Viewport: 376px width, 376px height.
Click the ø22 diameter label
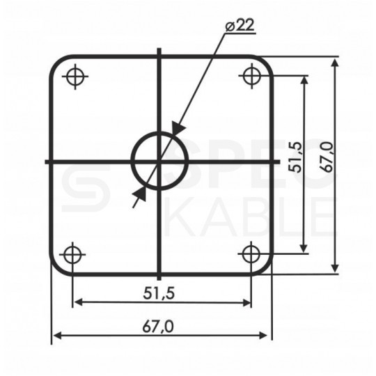pos(240,25)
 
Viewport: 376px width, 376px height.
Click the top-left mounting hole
pos(75,77)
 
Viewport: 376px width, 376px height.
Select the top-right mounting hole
pos(251,76)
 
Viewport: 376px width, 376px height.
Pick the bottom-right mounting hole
pos(251,254)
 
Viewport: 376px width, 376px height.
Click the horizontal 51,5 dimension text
pos(159,293)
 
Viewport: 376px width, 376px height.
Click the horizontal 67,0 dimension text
pos(158,327)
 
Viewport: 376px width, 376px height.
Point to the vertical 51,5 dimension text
pos(295,157)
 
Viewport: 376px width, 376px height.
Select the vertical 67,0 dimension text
pos(327,157)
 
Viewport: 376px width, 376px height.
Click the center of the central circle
pos(159,161)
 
